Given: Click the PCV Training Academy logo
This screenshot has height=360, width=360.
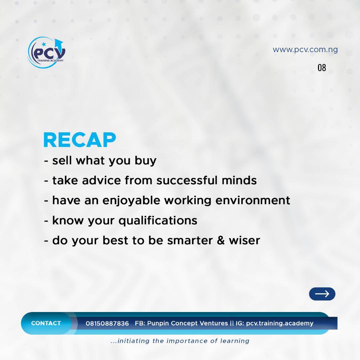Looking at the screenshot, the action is coord(47,53).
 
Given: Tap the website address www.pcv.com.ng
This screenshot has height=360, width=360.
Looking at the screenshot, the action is coord(305,50).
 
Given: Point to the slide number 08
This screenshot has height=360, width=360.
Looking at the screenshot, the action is coord(322,68).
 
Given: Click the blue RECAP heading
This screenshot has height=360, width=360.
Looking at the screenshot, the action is coord(80,140).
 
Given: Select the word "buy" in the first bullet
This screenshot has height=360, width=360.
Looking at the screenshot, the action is coord(145,161).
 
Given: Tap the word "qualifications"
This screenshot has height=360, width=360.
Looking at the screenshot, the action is coord(158,221).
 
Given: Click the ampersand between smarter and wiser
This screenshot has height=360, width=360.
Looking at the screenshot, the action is coord(221,240).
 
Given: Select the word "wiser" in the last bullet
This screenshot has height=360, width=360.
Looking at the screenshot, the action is coord(244,240).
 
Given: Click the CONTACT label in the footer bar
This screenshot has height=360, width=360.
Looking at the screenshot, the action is coord(46,323).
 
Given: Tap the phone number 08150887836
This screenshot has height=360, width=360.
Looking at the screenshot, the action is coord(107,323).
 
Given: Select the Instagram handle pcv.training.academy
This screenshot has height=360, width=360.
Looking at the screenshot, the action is coord(280,323).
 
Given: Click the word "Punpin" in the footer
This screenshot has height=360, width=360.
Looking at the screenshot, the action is coord(158,323).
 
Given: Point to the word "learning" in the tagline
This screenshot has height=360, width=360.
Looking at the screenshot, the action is coord(235,341).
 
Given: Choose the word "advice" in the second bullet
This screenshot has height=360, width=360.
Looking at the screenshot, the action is coord(101,180).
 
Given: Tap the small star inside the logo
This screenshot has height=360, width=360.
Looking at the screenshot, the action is coord(44,44).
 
